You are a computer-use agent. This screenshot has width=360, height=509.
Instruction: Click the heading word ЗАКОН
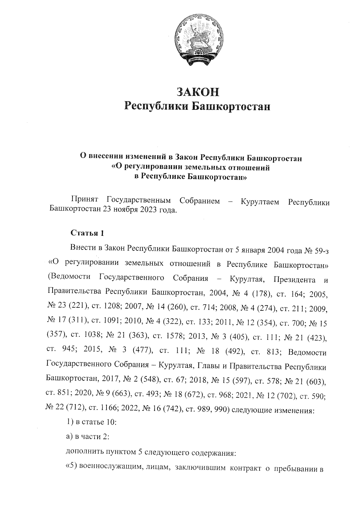tap(198, 92)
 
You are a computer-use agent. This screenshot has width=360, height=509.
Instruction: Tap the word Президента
tap(294, 280)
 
